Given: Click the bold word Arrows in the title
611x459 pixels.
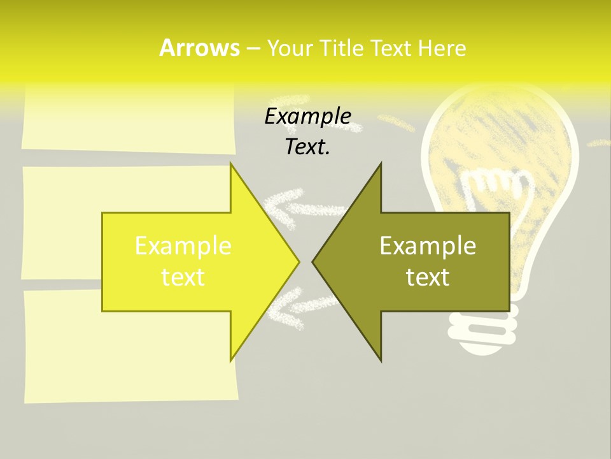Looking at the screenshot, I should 199,48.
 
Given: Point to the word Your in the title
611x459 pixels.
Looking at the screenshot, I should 290,48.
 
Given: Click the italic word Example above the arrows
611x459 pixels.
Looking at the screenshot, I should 308,116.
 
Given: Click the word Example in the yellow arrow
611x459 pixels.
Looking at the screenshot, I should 183,245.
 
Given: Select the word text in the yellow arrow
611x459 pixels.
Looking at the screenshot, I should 183,277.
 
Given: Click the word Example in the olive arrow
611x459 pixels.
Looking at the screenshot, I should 428,245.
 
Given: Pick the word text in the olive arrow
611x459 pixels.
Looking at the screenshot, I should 428,277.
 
